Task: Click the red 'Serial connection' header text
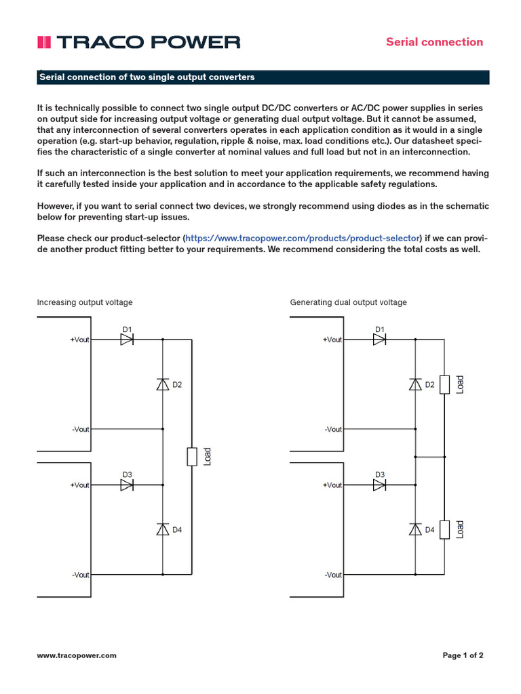click(434, 42)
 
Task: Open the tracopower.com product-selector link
click(303, 238)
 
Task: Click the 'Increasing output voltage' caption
click(85, 302)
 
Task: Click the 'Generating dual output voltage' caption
click(348, 302)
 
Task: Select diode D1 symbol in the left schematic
click(127, 340)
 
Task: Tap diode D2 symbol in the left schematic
click(163, 384)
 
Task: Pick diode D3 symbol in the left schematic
click(127, 485)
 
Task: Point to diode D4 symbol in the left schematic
click(163, 529)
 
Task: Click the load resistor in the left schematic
click(192, 457)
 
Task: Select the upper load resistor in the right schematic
click(444, 384)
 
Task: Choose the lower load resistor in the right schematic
click(444, 529)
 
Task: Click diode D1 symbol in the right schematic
click(380, 340)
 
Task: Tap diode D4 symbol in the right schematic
click(415, 529)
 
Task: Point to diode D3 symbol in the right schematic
click(380, 485)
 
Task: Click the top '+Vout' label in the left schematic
click(79, 340)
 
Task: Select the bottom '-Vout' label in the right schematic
click(333, 575)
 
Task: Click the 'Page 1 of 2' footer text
click(463, 655)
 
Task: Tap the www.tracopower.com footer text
click(77, 655)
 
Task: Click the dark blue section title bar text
click(147, 77)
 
